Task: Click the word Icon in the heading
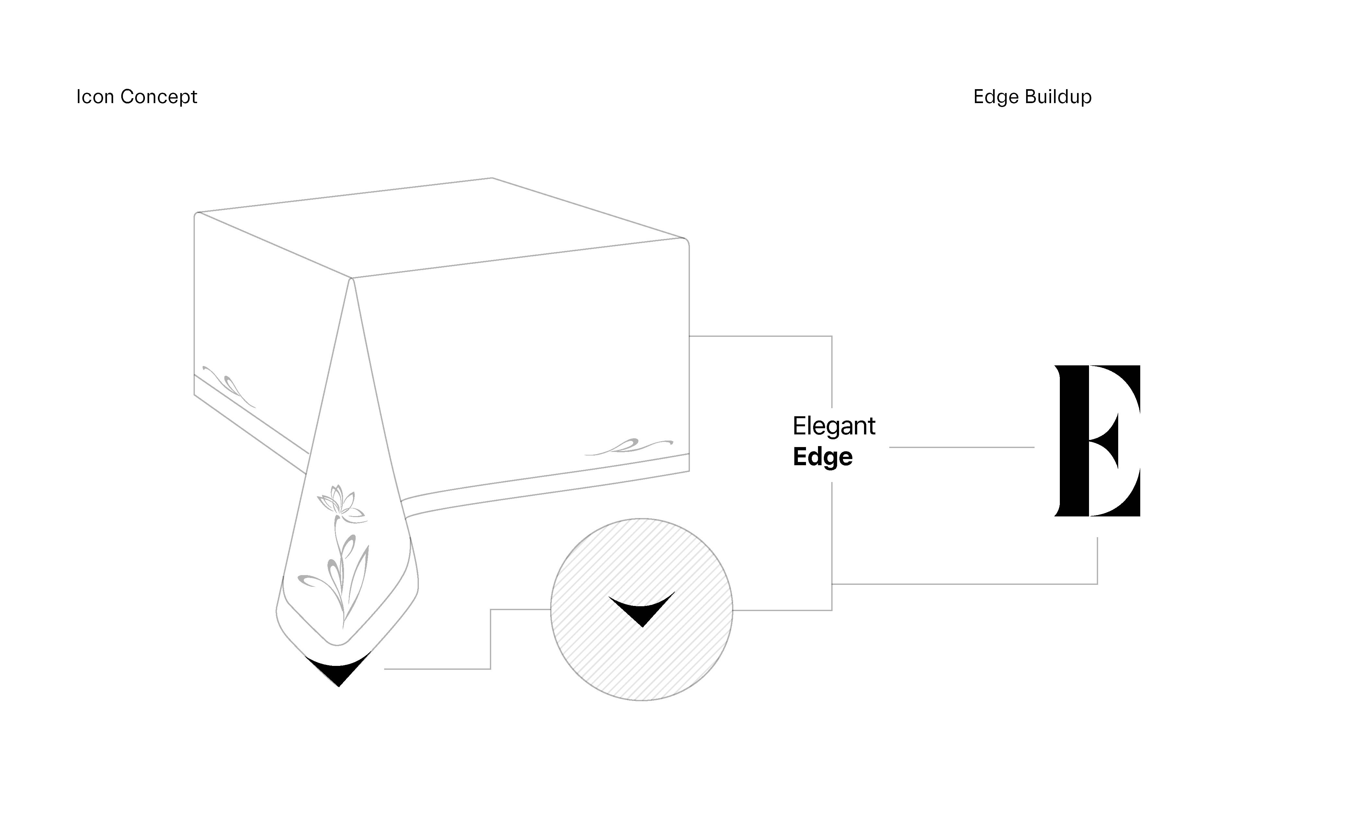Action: (95, 97)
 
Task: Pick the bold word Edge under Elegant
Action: (823, 457)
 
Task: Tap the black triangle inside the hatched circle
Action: (642, 608)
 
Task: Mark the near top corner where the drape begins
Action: (351, 278)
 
